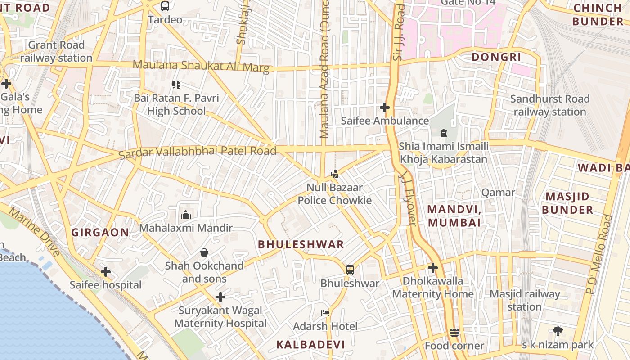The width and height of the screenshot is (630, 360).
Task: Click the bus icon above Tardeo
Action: pos(165,6)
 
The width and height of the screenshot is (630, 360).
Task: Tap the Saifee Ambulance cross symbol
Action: pos(385,108)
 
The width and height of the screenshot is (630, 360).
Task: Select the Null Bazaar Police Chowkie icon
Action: pos(334,174)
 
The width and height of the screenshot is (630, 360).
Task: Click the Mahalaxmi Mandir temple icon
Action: pos(186,215)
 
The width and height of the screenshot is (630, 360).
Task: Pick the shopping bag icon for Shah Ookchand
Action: pos(204,252)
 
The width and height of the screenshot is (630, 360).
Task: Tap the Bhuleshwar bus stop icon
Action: pos(350,270)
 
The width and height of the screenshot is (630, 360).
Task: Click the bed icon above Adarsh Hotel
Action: pos(325,313)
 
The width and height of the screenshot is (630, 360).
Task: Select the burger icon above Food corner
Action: pos(454,333)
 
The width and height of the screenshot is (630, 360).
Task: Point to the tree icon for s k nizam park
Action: pos(558,332)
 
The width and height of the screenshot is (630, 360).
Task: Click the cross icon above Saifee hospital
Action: pos(106,272)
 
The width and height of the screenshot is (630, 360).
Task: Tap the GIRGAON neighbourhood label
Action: pos(100,233)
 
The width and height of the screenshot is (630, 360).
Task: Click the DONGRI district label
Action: pos(496,57)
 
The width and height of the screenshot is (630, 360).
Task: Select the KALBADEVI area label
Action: pos(310,345)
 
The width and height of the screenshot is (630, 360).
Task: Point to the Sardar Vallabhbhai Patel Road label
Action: pos(198,152)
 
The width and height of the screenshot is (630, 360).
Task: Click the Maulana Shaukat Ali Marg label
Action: pos(201,66)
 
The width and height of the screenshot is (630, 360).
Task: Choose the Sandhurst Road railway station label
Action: pos(550,105)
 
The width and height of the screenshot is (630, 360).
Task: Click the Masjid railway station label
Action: pos(525,300)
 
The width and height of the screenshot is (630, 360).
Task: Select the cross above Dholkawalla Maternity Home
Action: pos(433,268)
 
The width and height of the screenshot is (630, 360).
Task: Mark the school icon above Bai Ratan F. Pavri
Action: pos(176,84)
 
